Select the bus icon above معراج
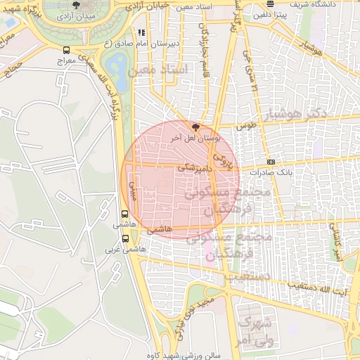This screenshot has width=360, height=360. [x=66, y=51]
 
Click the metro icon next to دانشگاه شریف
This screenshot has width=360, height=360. [x=270, y=4]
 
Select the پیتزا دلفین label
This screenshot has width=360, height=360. [x=272, y=14]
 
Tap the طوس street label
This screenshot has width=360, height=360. [x=245, y=126]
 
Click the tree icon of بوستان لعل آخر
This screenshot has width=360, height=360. [x=195, y=128]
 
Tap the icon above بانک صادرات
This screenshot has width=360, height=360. [x=271, y=162]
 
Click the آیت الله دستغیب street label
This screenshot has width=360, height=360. [x=321, y=288]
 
